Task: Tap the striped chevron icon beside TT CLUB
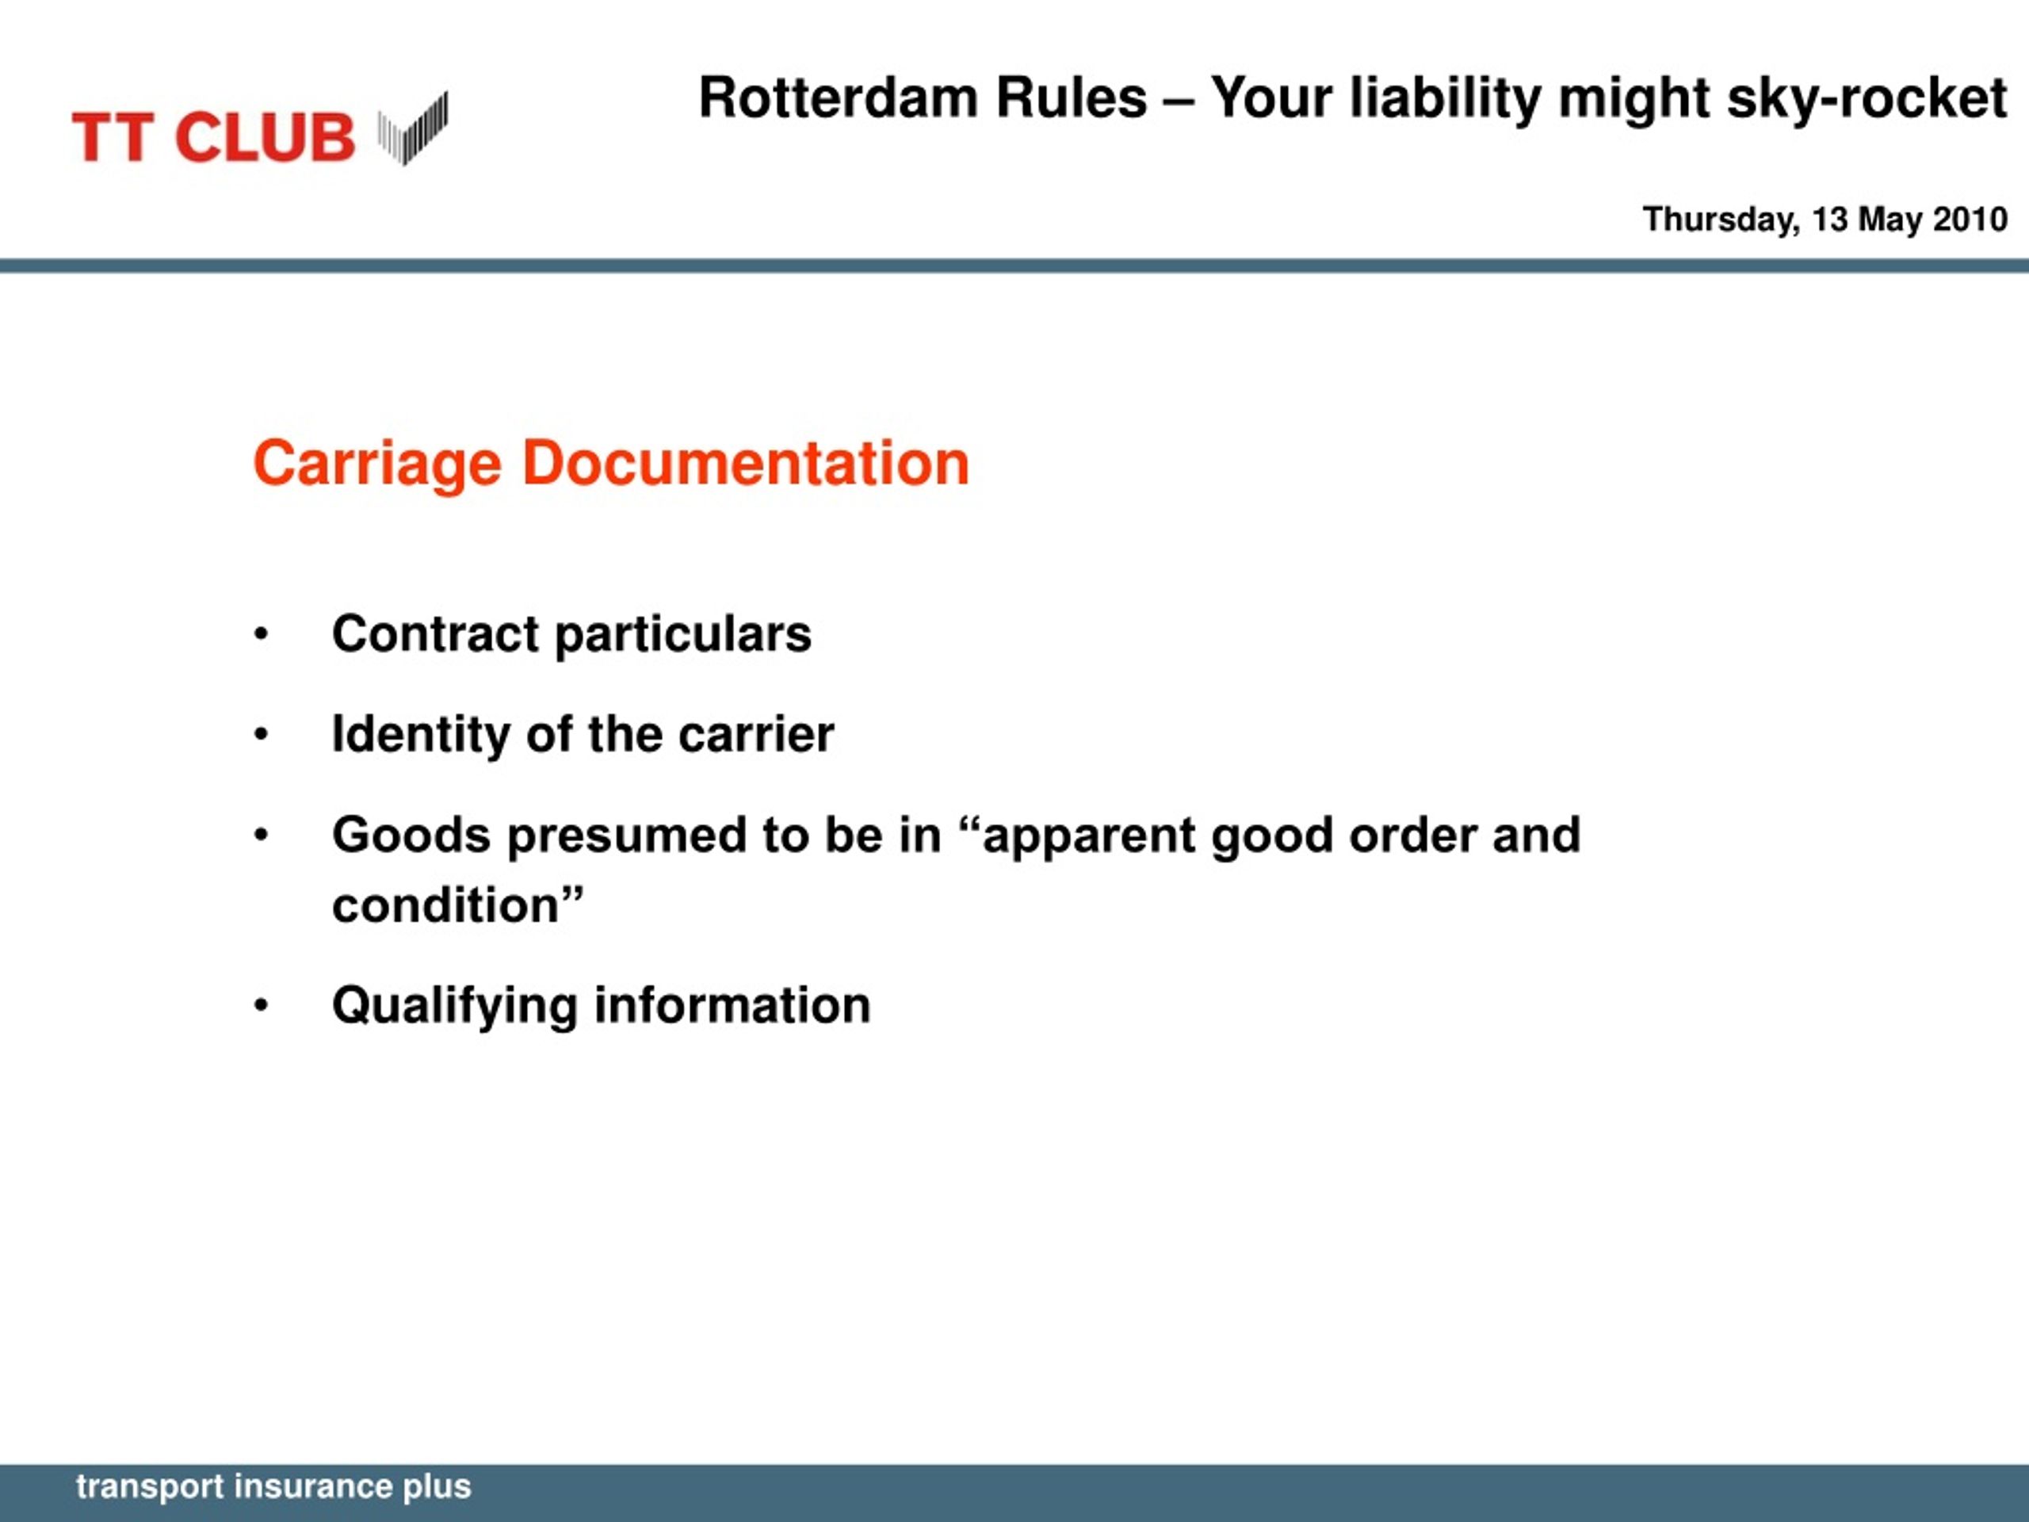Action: (413, 128)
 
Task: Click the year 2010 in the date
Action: (1970, 220)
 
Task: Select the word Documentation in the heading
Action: (746, 462)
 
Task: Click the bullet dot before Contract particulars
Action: (262, 635)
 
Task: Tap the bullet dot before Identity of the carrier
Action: (262, 735)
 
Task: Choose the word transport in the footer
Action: (151, 1487)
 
